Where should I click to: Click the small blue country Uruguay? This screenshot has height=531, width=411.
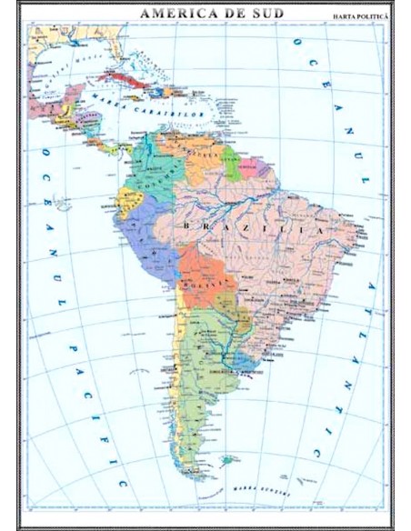point(243,363)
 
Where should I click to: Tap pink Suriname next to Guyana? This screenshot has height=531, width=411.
point(248,169)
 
